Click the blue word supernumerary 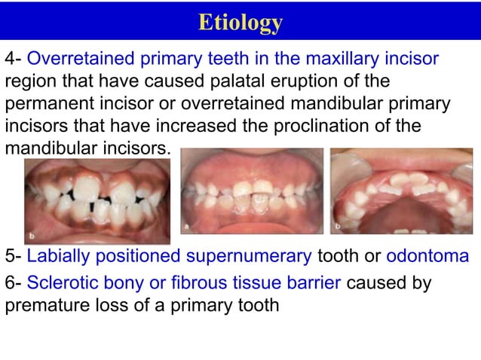click(249, 257)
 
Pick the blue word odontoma click(427, 257)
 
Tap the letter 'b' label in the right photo click(337, 225)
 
